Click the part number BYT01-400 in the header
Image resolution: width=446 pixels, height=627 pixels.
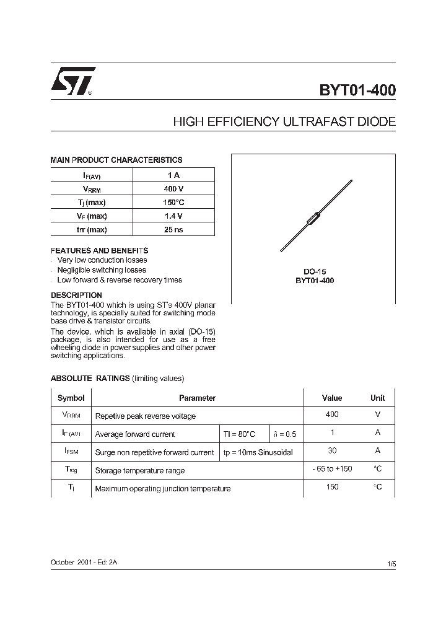click(357, 90)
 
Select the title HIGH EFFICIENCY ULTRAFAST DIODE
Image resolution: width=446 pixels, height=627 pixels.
click(284, 122)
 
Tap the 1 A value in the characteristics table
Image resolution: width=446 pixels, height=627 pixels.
click(173, 175)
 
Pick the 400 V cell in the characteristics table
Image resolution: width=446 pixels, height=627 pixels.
click(173, 189)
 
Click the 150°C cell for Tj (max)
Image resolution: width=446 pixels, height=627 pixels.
click(173, 203)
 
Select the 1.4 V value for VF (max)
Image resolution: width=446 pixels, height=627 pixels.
click(173, 216)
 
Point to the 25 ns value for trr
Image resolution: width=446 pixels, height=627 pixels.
click(173, 230)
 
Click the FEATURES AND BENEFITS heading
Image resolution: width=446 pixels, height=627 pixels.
click(99, 250)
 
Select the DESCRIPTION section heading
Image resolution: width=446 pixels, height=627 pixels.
click(76, 295)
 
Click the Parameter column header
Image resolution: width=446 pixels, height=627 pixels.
click(197, 398)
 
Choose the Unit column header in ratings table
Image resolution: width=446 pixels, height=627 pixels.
click(377, 398)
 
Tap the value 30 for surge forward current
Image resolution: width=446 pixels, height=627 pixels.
click(332, 451)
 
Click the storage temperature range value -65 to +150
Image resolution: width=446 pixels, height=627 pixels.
click(332, 469)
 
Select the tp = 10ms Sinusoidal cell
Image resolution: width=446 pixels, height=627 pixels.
click(258, 452)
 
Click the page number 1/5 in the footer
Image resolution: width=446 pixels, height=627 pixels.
click(391, 564)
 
